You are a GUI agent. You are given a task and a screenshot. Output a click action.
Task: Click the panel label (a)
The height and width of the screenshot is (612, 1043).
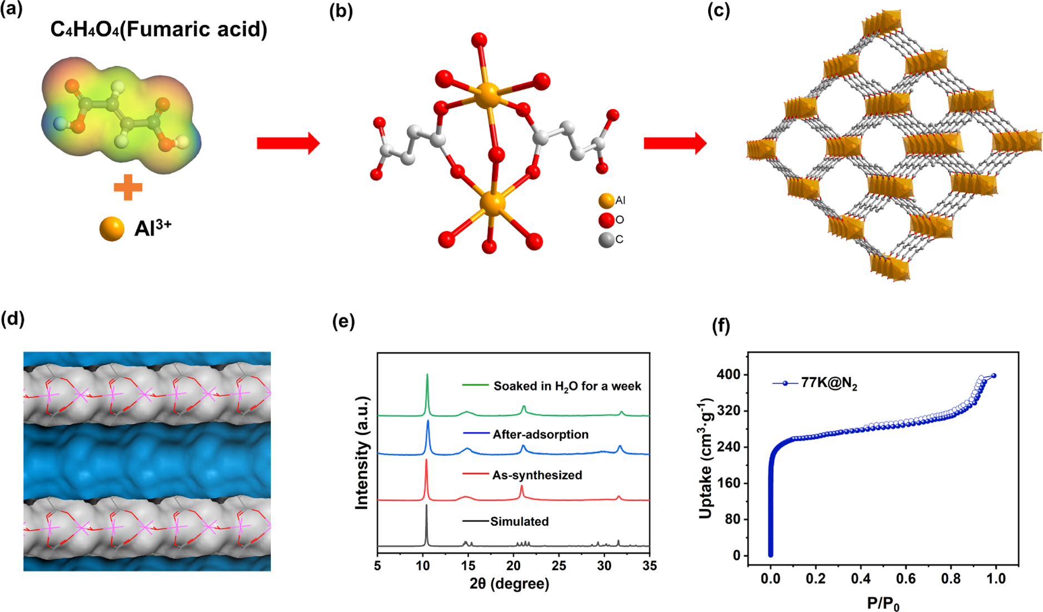[12, 10]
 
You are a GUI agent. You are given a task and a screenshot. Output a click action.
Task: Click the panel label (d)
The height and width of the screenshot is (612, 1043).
[13, 319]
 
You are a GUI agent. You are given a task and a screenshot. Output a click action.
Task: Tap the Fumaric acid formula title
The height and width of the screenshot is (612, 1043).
[159, 29]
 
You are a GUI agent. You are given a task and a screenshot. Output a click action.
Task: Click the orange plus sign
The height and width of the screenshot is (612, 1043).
[128, 187]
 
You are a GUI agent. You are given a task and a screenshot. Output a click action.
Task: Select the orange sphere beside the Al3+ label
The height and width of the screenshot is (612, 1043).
[112, 228]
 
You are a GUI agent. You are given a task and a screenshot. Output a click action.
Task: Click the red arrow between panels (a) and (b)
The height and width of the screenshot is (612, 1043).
[288, 143]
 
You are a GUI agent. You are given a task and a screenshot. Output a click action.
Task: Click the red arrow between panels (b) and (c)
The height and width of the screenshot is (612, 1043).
[675, 143]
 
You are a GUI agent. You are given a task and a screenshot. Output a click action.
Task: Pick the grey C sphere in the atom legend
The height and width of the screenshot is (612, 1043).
[606, 240]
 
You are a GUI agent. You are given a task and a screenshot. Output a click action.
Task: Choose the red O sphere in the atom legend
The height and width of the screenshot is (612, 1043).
[606, 220]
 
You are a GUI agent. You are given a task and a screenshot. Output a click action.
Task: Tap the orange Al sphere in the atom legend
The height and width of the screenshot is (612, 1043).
[606, 201]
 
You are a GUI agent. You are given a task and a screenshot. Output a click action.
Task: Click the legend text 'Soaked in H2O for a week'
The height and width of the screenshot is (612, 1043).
[567, 386]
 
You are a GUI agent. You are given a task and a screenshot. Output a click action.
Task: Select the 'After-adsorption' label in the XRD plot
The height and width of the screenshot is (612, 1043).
[541, 435]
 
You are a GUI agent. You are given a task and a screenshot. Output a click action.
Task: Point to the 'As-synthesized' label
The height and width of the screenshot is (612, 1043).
[537, 475]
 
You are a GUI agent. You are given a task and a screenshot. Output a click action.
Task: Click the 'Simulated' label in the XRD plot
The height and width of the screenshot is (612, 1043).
[520, 521]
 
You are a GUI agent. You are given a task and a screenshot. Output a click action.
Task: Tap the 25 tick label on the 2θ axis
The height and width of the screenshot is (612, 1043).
[559, 566]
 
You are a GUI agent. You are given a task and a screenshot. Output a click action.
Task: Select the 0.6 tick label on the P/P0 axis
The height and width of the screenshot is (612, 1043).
[906, 579]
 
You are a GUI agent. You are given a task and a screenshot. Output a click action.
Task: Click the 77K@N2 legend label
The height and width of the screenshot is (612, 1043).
[829, 384]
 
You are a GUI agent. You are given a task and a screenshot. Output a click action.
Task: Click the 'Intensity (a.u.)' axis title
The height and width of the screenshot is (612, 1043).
[362, 453]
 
